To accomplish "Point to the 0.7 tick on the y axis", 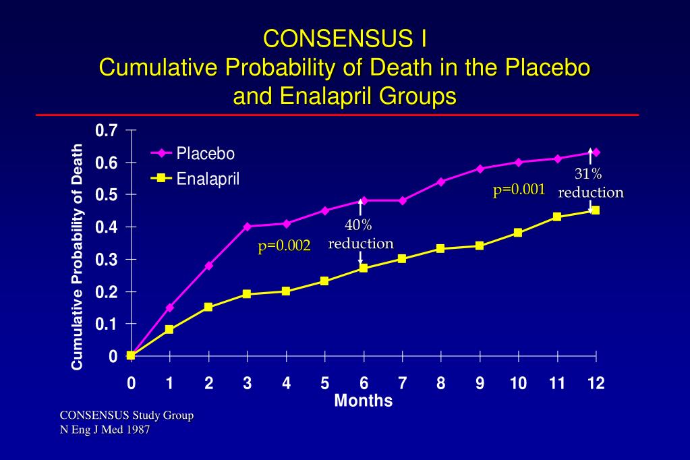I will click(107, 131).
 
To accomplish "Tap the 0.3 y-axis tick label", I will click(107, 260).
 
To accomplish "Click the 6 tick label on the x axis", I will click(364, 384).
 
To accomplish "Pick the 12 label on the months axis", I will click(596, 384).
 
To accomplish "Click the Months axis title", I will click(364, 401).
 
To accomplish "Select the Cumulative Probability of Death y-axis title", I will click(78, 257).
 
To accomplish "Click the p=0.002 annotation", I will click(284, 246).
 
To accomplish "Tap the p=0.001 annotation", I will click(519, 190).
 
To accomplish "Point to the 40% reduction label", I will click(360, 234).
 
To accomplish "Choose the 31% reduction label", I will click(591, 183).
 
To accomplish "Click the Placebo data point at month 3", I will click(248, 227).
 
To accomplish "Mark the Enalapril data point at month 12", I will click(596, 210).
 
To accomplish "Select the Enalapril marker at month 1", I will click(169, 330).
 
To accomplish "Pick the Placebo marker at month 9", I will click(480, 169).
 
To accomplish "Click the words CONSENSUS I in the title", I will click(344, 38).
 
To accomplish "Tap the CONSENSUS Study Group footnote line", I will click(127, 415).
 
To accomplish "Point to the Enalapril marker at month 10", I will click(518, 233).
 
